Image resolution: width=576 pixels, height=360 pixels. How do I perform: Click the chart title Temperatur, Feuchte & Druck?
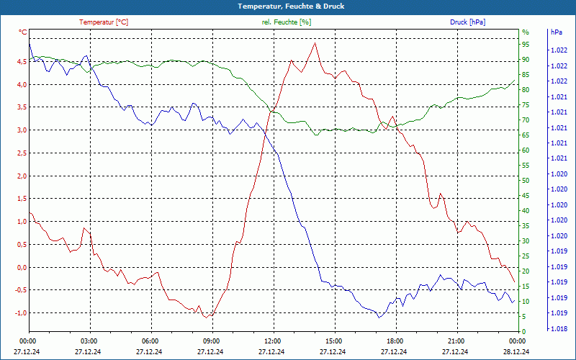click(x=288, y=6)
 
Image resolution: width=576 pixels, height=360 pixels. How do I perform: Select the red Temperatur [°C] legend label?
click(x=104, y=22)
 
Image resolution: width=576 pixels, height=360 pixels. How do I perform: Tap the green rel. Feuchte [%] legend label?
click(x=287, y=22)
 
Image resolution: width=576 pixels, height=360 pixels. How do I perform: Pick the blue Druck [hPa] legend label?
click(x=467, y=22)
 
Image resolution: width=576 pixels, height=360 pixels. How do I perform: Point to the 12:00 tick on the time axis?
click(x=274, y=340)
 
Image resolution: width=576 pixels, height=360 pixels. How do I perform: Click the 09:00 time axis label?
click(x=212, y=340)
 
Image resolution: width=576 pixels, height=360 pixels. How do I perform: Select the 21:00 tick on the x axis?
click(x=457, y=340)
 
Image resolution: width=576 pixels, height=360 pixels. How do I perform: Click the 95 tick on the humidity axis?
click(x=526, y=44)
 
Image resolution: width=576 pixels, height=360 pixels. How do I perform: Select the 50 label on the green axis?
click(x=526, y=181)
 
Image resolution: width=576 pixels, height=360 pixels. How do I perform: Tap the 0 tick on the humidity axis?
click(x=524, y=332)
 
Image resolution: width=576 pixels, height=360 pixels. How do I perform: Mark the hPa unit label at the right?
click(x=555, y=32)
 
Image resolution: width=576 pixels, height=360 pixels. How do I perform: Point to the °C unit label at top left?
click(x=23, y=32)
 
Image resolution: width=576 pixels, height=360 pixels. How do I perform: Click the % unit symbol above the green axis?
click(x=526, y=32)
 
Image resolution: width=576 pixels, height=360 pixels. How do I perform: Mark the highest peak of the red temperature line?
click(x=315, y=43)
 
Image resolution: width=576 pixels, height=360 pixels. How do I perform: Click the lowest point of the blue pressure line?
click(x=379, y=318)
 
